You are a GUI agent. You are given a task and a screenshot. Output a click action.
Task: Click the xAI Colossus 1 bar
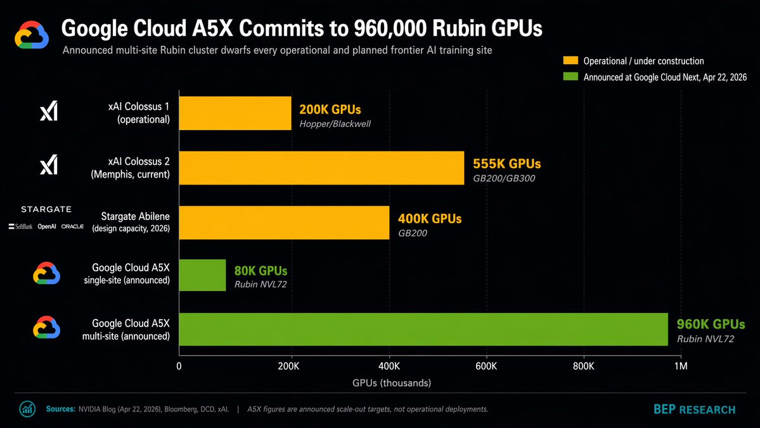235,113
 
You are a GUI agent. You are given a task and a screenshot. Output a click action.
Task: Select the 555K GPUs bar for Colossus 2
321,167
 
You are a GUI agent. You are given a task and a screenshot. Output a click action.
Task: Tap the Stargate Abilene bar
284,223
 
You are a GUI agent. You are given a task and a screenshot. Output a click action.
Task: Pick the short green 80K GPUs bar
202,275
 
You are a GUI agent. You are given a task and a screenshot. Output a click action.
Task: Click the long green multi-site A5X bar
423,329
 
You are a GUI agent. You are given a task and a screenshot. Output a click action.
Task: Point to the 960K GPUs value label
711,325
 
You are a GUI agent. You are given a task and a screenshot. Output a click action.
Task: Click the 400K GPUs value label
430,219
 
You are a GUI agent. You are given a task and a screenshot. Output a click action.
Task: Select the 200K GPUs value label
330,110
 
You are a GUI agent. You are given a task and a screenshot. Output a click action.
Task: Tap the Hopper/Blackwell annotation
335,124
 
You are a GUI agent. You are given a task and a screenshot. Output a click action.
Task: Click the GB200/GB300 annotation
504,178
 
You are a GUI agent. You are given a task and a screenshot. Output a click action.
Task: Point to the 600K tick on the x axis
486,366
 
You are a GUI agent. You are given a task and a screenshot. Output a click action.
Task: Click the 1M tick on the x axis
681,366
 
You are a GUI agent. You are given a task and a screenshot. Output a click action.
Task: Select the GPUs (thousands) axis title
392,383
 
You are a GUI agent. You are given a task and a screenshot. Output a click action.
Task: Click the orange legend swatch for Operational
570,61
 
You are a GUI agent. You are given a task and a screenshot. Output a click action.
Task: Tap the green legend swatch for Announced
570,77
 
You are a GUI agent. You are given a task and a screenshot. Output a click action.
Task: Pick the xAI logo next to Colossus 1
49,112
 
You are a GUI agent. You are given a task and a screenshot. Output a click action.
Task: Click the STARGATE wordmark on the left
46,209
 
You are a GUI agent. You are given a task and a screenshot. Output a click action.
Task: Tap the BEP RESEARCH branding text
694,410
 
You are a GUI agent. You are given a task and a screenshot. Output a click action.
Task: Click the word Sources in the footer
60,409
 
